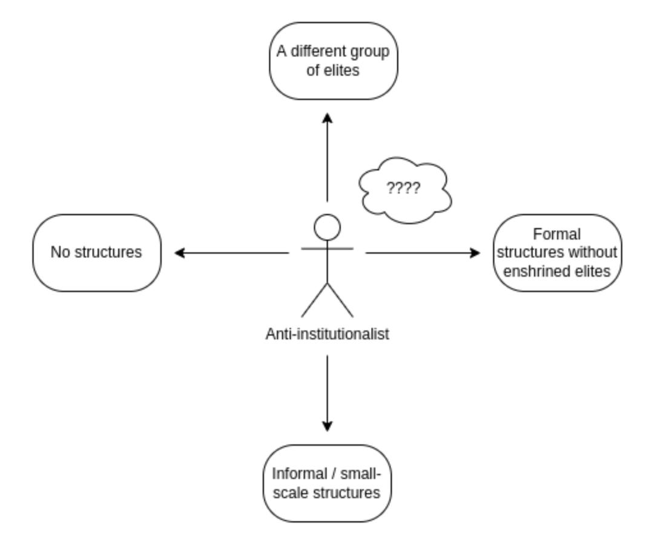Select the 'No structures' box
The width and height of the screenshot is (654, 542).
[97, 253]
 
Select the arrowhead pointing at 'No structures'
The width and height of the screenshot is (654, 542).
[178, 253]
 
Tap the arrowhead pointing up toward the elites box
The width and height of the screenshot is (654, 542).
[327, 115]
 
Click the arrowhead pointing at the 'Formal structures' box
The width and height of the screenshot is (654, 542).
[476, 253]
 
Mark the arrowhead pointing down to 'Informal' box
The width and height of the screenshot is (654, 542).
[327, 427]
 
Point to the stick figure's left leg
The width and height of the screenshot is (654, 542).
[314, 300]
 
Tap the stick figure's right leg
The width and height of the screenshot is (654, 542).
[340, 300]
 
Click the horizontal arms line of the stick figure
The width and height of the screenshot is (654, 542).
[327, 248]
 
